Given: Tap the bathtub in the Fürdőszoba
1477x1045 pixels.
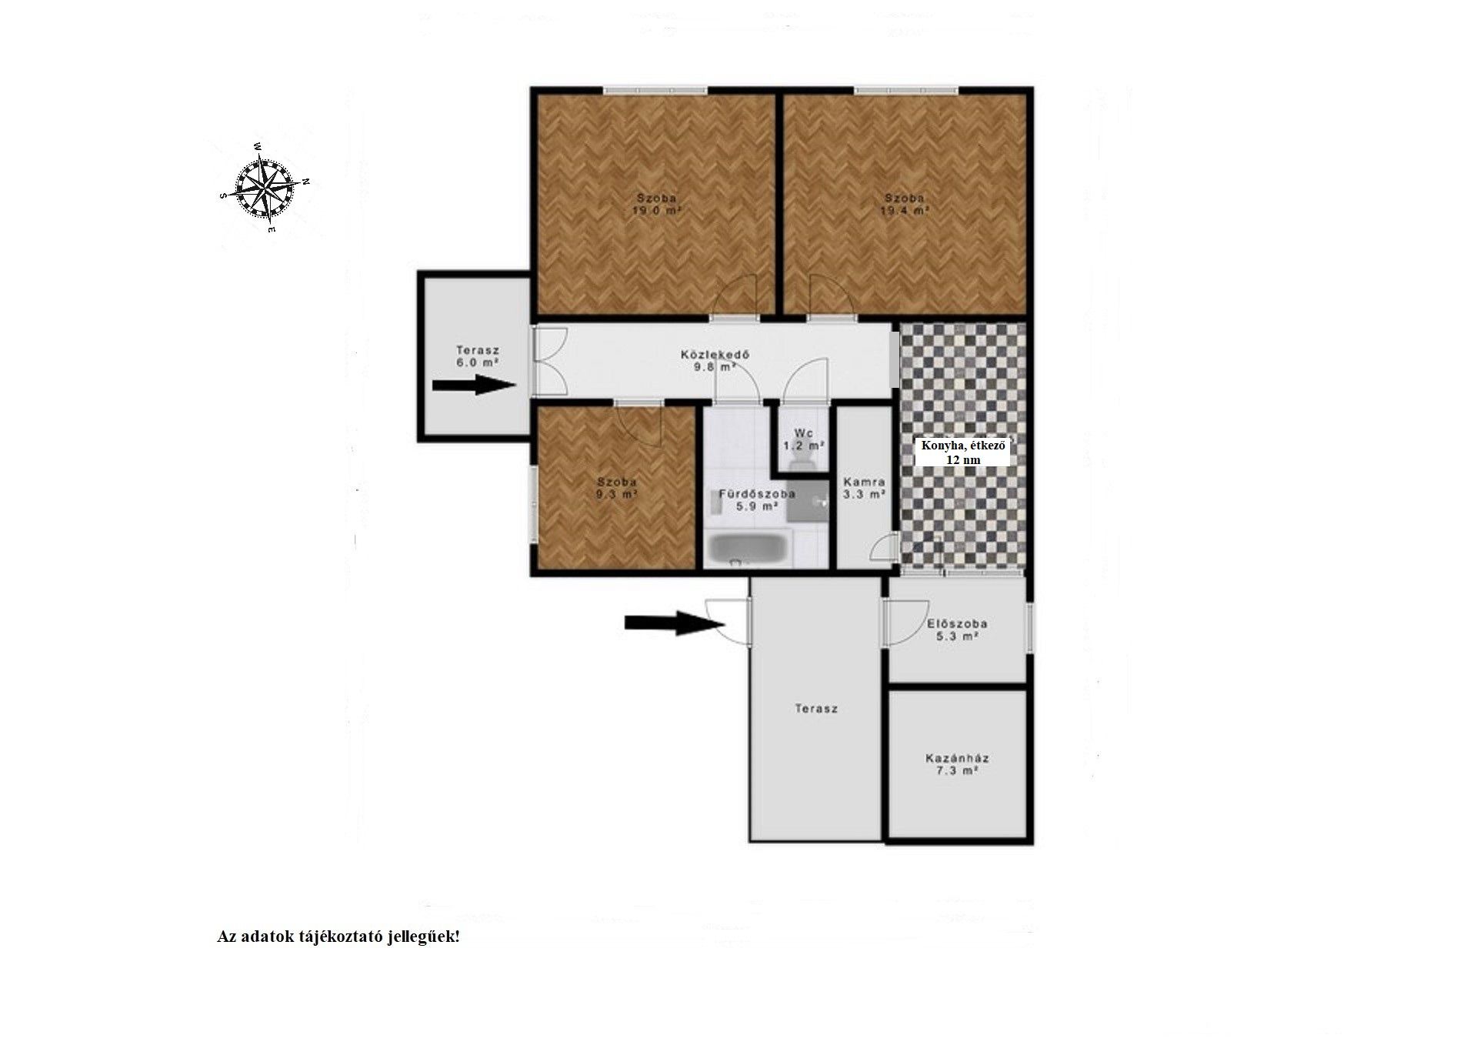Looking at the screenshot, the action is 746,549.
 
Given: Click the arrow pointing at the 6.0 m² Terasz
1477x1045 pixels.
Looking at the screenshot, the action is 474,385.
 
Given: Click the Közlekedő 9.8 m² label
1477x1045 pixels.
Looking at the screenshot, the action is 715,361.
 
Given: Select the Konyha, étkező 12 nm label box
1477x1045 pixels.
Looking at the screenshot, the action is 962,452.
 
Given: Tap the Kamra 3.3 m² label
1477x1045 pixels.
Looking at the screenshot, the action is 864,488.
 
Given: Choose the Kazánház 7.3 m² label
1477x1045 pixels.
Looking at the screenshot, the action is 957,763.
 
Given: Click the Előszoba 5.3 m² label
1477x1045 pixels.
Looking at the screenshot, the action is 957,629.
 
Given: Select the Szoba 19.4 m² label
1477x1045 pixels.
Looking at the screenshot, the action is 905,203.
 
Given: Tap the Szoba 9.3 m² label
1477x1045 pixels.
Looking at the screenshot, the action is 617,488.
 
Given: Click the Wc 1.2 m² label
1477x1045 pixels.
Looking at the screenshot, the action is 804,439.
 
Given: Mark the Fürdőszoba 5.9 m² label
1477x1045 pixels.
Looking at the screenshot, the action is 757,500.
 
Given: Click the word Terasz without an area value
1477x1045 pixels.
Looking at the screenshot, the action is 816,709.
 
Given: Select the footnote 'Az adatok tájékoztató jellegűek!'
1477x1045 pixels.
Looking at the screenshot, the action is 338,936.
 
